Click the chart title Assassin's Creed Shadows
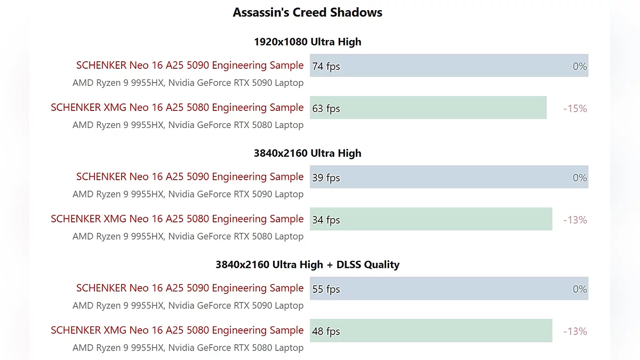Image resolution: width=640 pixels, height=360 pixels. [x=307, y=12]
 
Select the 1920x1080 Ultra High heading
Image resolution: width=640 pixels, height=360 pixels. [x=307, y=42]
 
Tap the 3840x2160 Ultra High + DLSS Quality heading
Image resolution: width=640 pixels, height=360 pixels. [x=307, y=265]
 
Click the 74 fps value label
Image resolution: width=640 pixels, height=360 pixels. [x=326, y=66]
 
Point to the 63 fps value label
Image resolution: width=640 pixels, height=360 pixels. [x=326, y=108]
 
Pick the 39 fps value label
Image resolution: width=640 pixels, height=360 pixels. [x=326, y=178]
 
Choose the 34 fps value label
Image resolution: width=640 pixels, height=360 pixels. [x=326, y=220]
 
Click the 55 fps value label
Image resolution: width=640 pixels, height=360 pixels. [x=326, y=289]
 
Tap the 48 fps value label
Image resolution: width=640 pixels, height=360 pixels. [x=326, y=331]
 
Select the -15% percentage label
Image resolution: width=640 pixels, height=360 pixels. [x=575, y=108]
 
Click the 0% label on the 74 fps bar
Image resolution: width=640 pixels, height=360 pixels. [x=580, y=66]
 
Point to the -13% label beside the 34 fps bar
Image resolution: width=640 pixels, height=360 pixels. [x=575, y=220]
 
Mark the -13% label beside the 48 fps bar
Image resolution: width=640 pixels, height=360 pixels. [x=575, y=331]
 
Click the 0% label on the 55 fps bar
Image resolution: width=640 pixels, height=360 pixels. [x=580, y=289]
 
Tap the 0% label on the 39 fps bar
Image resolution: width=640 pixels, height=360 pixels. [x=580, y=178]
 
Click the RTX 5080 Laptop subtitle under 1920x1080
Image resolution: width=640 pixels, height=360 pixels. [x=188, y=125]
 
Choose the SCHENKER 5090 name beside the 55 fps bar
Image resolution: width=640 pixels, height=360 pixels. [x=190, y=288]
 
